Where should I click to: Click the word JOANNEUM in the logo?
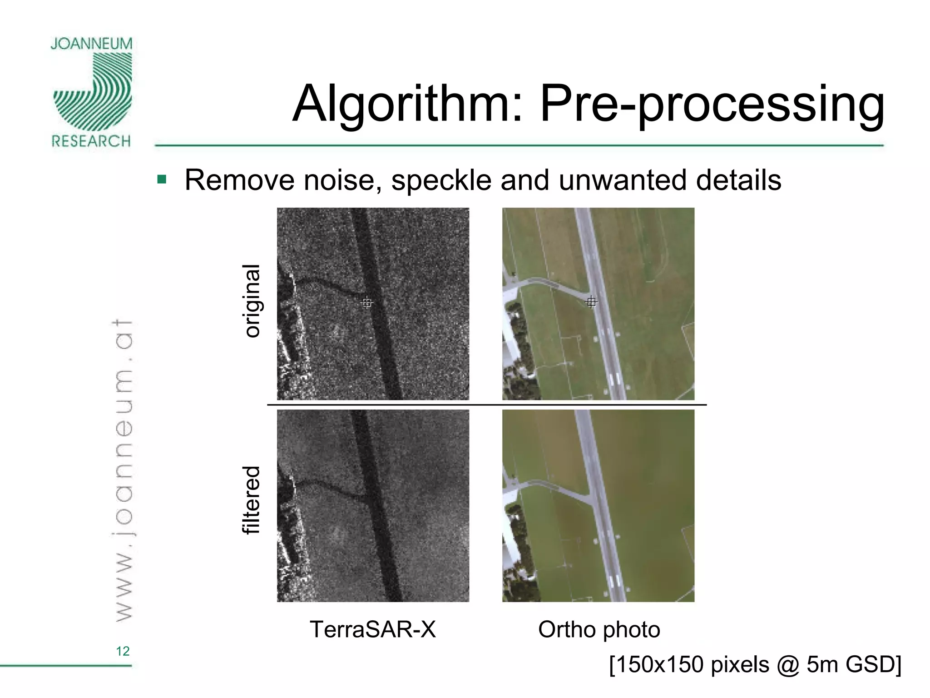[x=91, y=44]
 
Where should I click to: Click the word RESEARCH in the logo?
[x=91, y=141]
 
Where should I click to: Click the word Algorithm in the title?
[x=407, y=105]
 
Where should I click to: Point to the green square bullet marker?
[x=162, y=179]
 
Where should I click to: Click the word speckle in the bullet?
[x=441, y=180]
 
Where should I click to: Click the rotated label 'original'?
[x=252, y=301]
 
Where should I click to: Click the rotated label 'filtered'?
[x=252, y=500]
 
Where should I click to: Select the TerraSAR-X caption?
[x=372, y=629]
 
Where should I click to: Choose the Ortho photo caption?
[x=599, y=629]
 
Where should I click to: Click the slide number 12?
[x=123, y=651]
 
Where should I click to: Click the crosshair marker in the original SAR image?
[x=366, y=302]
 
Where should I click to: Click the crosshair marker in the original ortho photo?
[x=591, y=301]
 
